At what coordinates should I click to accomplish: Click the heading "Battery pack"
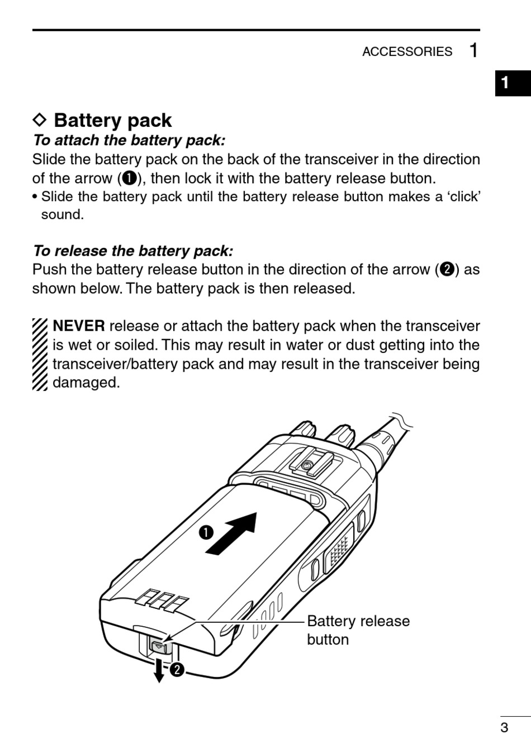pos(112,121)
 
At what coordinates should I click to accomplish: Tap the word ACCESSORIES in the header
pos(407,51)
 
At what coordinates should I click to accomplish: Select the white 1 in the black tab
pos(505,83)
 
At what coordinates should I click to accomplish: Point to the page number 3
pos(504,727)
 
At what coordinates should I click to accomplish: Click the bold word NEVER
pos(78,326)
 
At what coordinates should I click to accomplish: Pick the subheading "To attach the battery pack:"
pos(129,140)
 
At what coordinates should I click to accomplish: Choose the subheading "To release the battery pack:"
pos(133,251)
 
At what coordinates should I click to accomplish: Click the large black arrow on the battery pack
pos(231,534)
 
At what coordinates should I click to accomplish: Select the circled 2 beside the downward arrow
pos(177,669)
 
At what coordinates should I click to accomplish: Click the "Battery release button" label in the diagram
pos(358,630)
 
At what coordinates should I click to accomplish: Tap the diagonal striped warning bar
pos(40,354)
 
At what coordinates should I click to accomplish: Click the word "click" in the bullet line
pos(463,197)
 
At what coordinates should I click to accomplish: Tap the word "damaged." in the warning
pos(86,383)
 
